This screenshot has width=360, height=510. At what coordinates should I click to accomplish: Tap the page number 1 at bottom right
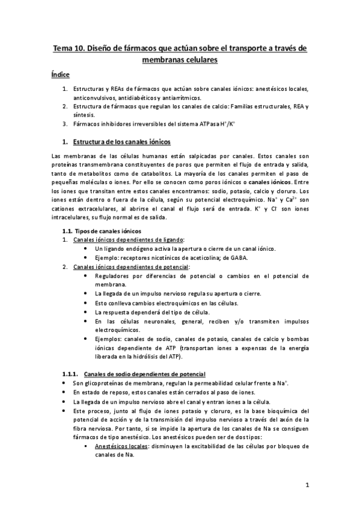click(307, 485)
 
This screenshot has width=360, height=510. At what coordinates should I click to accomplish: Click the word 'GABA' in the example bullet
click(238, 257)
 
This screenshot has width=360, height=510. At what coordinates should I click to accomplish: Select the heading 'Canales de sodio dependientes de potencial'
click(144, 374)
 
